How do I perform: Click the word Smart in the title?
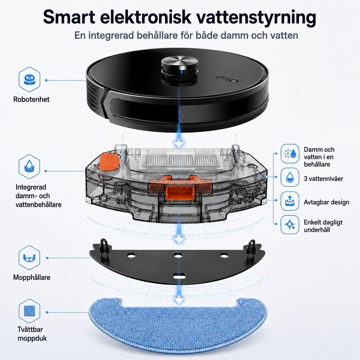pyautogui.click(x=69, y=17)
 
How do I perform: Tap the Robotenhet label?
pyautogui.click(x=31, y=99)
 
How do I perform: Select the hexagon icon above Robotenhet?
pyautogui.click(x=29, y=80)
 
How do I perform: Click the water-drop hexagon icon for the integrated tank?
pyautogui.click(x=29, y=167)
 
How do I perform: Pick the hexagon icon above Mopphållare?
pyautogui.click(x=29, y=258)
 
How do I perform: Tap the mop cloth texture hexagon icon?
pyautogui.click(x=29, y=311)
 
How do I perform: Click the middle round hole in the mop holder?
pyautogui.click(x=178, y=255)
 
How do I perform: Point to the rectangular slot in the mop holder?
pyautogui.click(x=179, y=276)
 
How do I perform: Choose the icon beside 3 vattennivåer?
pyautogui.click(x=290, y=177)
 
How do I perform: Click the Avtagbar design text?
pyautogui.click(x=326, y=202)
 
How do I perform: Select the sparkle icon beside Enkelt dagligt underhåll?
pyautogui.click(x=290, y=224)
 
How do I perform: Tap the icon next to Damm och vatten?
pyautogui.click(x=290, y=154)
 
